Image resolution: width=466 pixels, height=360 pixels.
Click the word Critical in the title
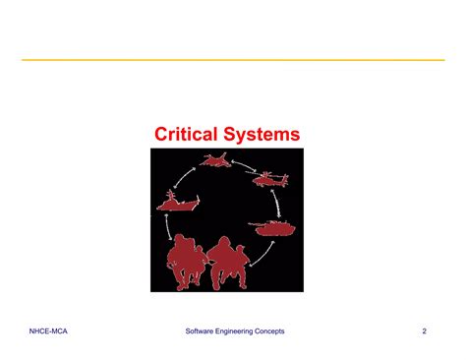coord(191,133)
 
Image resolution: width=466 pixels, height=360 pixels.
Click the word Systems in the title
coord(264,133)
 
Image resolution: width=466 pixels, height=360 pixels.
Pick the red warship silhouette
coord(177,204)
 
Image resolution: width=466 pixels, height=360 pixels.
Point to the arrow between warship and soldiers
coord(168,227)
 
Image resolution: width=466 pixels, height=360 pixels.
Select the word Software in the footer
coord(204,330)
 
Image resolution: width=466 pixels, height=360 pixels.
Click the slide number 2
coord(425,330)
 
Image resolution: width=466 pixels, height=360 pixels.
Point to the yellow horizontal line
coord(233,61)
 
